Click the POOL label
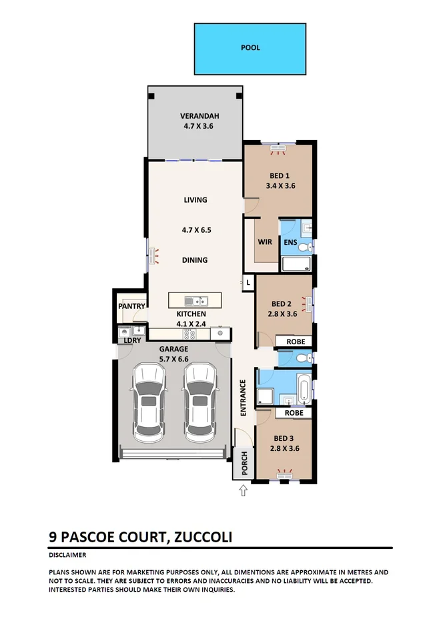[250, 48]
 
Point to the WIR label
[265, 242]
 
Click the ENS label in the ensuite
[290, 242]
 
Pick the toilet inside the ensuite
[304, 248]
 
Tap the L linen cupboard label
[248, 283]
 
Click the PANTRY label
[131, 307]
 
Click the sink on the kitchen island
[197, 301]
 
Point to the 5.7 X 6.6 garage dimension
[173, 359]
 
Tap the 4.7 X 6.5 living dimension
[196, 230]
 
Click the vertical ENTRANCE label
[244, 398]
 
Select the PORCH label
[244, 464]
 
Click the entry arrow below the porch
[243, 492]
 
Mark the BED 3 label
[283, 438]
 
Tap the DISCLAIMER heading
[67, 555]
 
